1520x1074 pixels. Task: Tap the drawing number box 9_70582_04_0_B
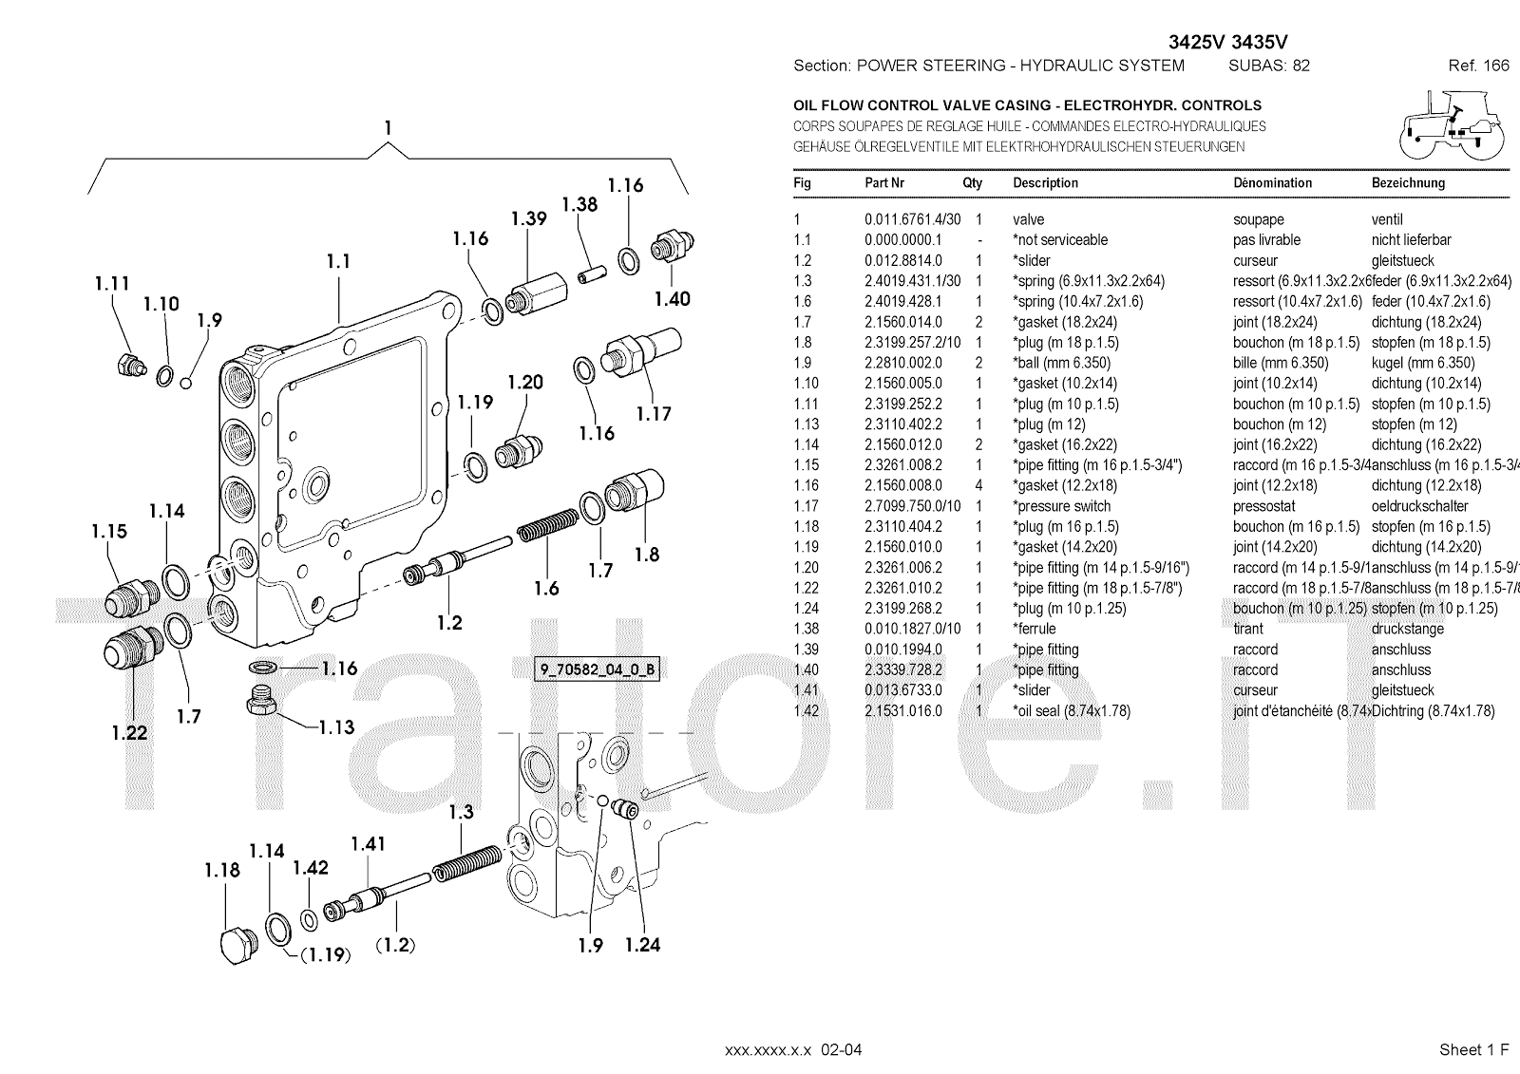598,669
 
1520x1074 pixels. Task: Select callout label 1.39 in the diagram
528,218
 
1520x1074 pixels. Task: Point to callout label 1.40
672,299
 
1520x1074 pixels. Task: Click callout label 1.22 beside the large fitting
129,732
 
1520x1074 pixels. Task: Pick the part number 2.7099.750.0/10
912,506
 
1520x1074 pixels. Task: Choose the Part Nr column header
883,182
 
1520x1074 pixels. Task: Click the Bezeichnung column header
1408,182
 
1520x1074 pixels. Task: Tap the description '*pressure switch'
1061,506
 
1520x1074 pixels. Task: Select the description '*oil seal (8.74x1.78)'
1072,710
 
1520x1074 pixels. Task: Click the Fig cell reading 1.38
807,629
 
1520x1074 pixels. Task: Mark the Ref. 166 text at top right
1478,66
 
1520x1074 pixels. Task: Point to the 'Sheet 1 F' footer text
1473,1049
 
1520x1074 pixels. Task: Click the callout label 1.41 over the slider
368,843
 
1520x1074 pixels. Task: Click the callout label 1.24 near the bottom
642,945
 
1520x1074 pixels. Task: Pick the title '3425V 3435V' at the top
1227,42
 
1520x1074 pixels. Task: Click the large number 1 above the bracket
388,128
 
